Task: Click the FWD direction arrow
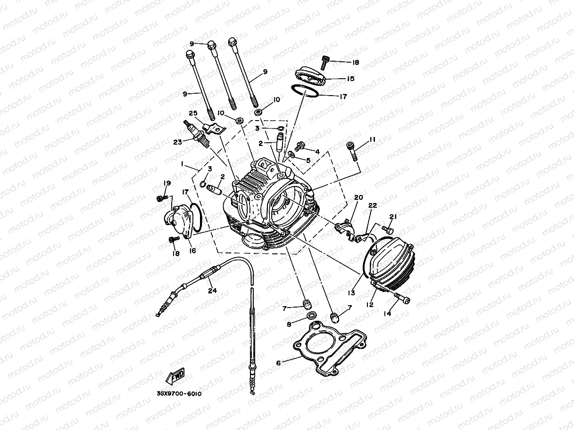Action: coord(175,377)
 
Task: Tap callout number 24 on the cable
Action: coord(212,291)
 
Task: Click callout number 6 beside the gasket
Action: coord(278,363)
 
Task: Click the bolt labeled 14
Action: coord(401,298)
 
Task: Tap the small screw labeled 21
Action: coord(387,229)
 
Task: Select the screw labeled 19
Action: coord(163,199)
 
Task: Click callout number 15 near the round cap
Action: coord(350,79)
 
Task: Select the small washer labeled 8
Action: coord(311,314)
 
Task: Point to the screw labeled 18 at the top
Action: coord(326,60)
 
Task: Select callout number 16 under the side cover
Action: coord(192,251)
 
